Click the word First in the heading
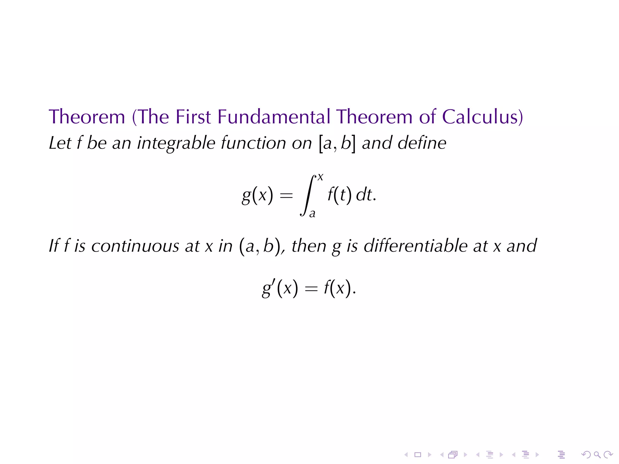click(193, 117)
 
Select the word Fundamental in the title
click(274, 117)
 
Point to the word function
click(253, 143)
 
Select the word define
click(422, 143)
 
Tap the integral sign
click(308, 195)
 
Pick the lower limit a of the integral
click(312, 214)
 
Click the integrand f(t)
click(339, 195)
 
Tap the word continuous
click(135, 246)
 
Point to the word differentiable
click(415, 246)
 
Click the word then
click(309, 246)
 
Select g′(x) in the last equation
click(280, 288)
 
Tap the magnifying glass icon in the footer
click(597, 455)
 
